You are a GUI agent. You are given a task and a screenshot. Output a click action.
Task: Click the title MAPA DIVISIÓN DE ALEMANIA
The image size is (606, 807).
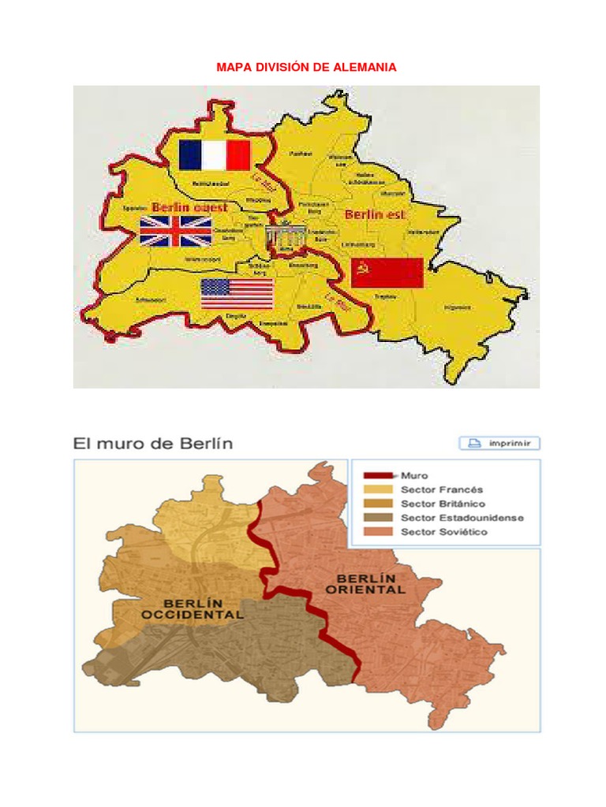(x=306, y=68)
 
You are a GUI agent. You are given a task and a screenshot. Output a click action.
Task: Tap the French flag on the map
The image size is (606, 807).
(x=215, y=155)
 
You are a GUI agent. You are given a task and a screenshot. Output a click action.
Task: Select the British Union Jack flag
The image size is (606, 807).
(x=176, y=231)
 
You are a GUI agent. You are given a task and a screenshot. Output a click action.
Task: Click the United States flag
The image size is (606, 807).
(x=237, y=294)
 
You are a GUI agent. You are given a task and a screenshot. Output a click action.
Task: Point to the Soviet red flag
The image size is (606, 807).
(x=387, y=273)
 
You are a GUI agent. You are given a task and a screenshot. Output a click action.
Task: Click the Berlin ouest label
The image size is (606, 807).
(x=189, y=207)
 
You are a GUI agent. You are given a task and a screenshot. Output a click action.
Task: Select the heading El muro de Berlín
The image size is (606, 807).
(x=153, y=443)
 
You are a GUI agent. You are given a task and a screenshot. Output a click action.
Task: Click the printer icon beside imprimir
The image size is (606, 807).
(x=474, y=443)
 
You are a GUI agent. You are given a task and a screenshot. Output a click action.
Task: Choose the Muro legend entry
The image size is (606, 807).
(x=414, y=475)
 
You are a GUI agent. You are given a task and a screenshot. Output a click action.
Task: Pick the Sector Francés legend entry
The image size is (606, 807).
(x=441, y=489)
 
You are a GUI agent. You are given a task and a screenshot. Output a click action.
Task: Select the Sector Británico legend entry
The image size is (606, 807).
(x=443, y=504)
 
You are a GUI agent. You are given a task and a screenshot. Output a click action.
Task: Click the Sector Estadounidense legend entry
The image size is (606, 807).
(x=462, y=518)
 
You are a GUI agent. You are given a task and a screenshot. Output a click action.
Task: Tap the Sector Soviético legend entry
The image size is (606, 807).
(x=443, y=532)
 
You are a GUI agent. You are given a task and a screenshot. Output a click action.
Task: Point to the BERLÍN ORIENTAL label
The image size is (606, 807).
(x=365, y=583)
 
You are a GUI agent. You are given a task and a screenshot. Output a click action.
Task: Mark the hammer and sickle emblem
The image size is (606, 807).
(x=365, y=271)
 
